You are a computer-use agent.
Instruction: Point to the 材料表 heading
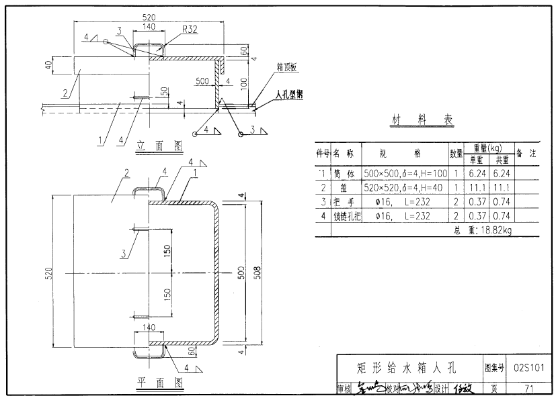(x=422, y=121)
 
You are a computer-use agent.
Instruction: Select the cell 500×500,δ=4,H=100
(x=403, y=173)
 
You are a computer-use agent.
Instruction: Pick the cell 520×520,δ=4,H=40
(x=403, y=187)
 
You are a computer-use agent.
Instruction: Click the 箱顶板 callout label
(x=286, y=68)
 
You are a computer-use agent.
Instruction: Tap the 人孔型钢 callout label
(x=288, y=95)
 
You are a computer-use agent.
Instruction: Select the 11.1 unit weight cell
(x=476, y=187)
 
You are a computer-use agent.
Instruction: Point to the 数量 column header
(x=456, y=153)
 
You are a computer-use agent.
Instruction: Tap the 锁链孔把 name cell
(x=347, y=216)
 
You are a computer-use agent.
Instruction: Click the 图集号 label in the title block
(x=494, y=367)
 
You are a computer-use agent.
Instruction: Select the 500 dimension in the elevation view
(x=201, y=81)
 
